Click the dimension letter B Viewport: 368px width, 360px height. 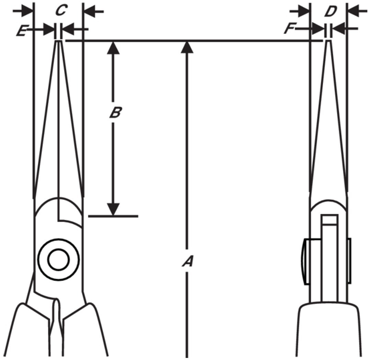[x=115, y=112]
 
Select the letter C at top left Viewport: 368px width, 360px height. [x=61, y=10]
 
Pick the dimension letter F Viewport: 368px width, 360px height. [x=289, y=29]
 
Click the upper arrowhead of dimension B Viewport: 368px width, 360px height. [x=113, y=47]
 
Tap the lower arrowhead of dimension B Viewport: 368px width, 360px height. [x=113, y=209]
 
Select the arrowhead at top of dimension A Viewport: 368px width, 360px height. [x=187, y=47]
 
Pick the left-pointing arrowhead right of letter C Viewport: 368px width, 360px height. [x=90, y=11]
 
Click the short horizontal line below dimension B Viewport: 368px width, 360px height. [x=113, y=216]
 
